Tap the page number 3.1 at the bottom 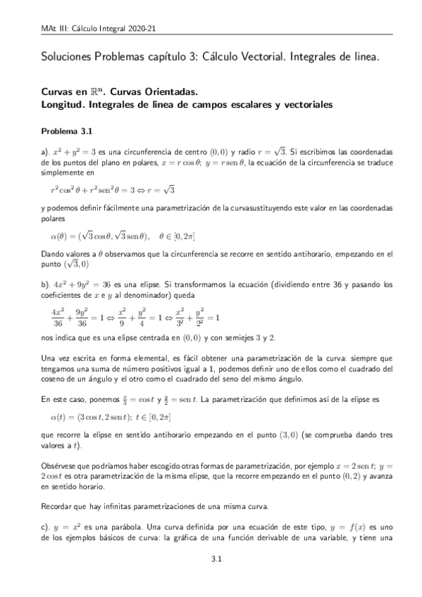(218, 560)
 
